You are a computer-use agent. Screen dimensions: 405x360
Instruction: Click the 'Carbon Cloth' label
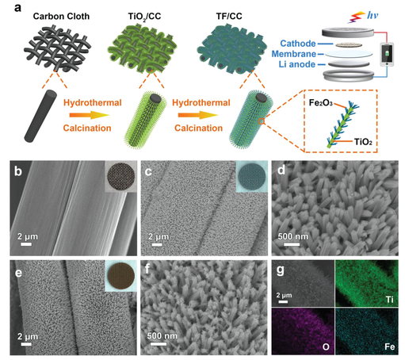tap(61, 17)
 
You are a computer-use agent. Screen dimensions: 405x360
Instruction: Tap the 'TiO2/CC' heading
tap(144, 17)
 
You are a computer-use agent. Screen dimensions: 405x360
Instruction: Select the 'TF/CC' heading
tap(229, 17)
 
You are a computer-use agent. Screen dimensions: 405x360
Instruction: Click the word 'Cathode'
tap(298, 44)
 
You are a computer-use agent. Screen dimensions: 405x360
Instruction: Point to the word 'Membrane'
tap(294, 54)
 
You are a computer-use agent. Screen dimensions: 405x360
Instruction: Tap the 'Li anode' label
tap(297, 64)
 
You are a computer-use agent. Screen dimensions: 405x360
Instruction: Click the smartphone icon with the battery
tap(387, 55)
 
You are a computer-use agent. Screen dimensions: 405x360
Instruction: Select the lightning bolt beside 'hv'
tap(356, 17)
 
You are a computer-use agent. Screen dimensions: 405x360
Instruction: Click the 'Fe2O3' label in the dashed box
tap(320, 102)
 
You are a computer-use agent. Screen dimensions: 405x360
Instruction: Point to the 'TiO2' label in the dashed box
tap(363, 142)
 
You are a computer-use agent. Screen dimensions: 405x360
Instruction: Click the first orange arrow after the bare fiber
tap(89, 115)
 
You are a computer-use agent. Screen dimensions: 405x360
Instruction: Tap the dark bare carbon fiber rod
tap(40, 116)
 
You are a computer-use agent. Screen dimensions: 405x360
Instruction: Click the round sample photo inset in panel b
tap(120, 177)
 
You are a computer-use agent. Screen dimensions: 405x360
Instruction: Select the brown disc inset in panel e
tap(120, 276)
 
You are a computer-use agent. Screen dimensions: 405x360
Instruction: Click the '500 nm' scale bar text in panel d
tap(292, 236)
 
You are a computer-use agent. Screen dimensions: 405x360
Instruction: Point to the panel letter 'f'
tap(147, 270)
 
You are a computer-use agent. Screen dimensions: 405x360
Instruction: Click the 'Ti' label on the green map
tap(390, 300)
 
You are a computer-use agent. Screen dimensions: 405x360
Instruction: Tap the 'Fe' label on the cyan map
tap(389, 347)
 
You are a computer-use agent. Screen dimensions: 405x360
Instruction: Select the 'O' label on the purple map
tap(326, 347)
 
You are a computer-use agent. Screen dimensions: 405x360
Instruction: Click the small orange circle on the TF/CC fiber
tap(261, 121)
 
